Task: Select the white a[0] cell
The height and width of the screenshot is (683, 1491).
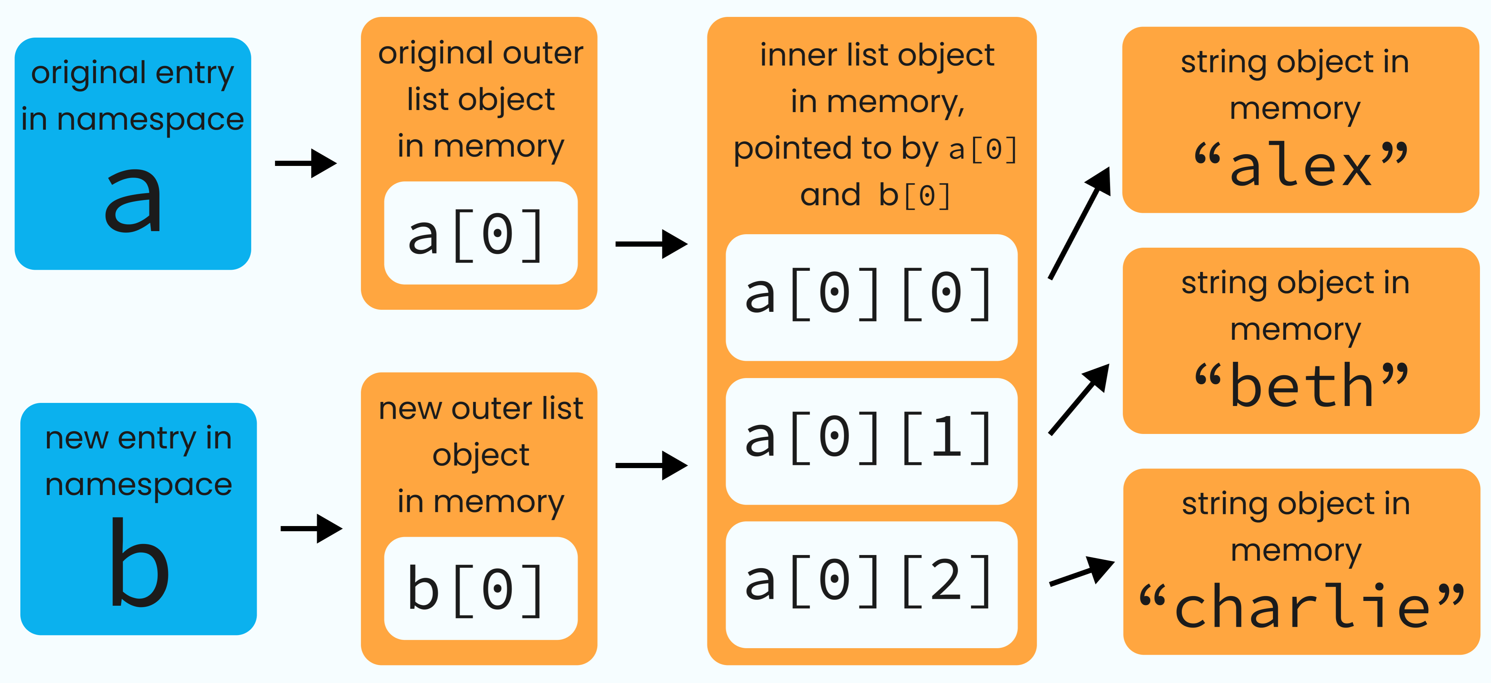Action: (x=480, y=233)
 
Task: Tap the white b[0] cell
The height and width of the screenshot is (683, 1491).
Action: (x=480, y=588)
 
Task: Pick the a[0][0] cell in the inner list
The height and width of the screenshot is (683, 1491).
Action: (x=871, y=297)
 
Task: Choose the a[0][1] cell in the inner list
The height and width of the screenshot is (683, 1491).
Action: (x=871, y=441)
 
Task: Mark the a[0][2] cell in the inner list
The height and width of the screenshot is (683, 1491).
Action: (x=871, y=584)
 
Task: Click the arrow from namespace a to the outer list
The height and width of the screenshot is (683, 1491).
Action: (x=305, y=163)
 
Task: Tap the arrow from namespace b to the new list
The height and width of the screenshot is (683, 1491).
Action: (x=311, y=528)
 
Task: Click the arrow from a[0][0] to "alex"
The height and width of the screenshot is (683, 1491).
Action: (x=1080, y=222)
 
